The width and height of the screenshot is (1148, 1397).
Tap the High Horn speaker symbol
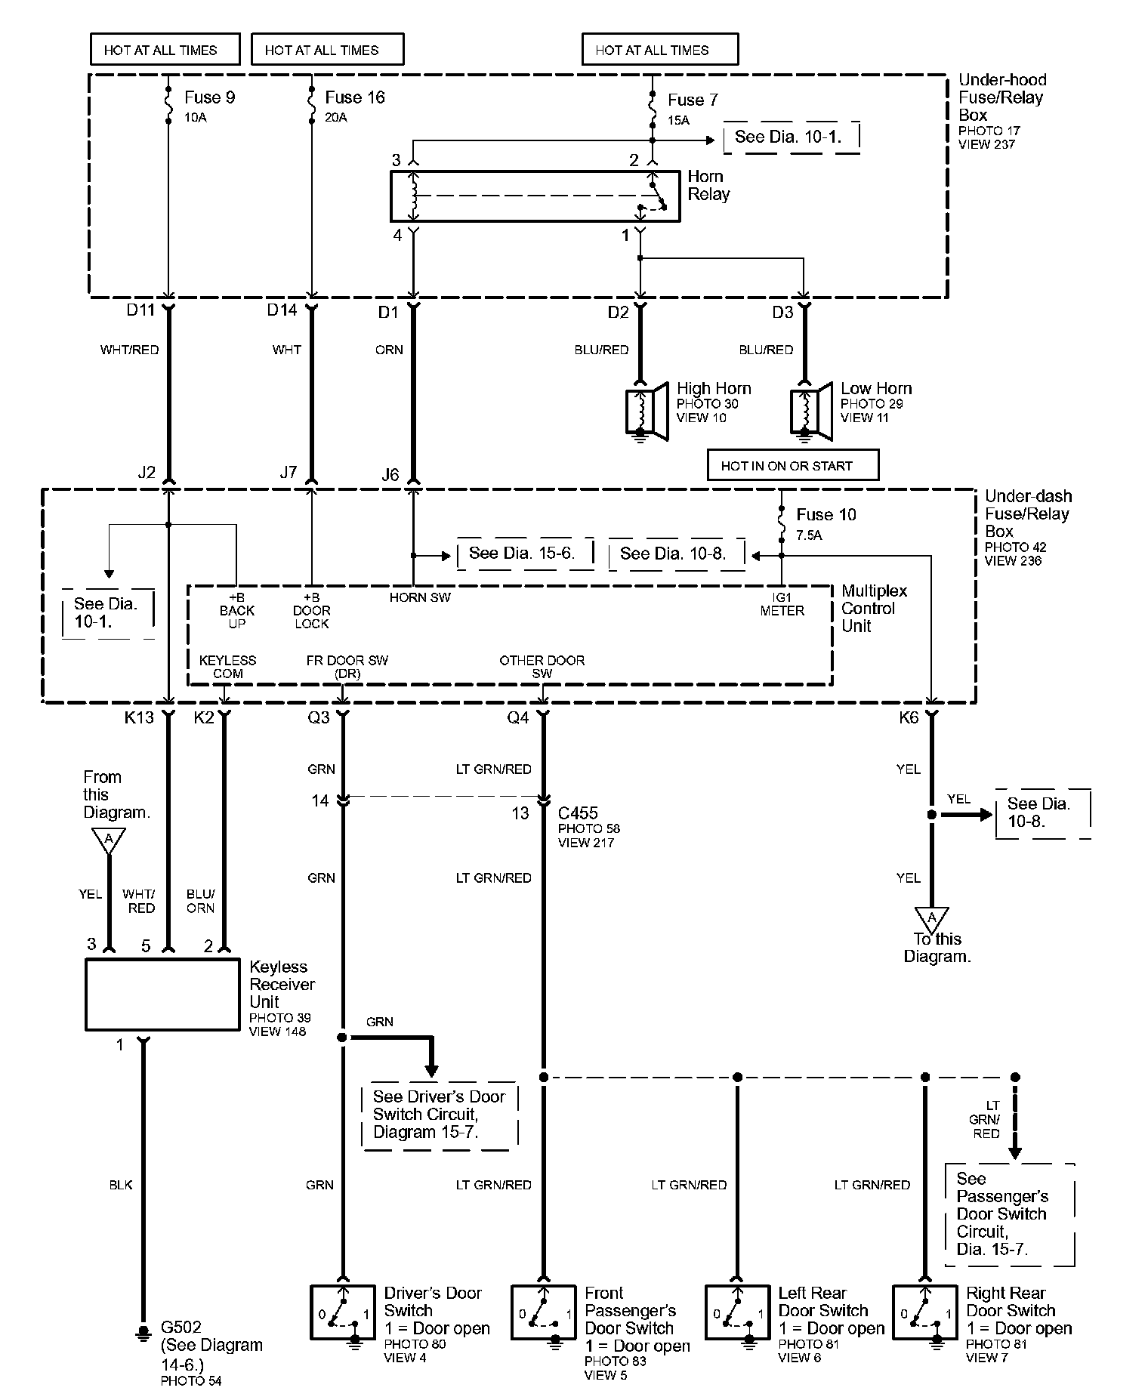[x=648, y=412]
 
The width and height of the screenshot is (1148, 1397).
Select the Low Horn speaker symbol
[x=812, y=412]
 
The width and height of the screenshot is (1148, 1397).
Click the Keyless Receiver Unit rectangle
[x=162, y=995]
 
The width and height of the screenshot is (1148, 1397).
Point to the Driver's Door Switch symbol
[x=342, y=1312]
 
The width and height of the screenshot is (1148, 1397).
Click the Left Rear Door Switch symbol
[x=737, y=1312]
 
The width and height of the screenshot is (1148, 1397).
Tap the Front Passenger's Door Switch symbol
[x=543, y=1312]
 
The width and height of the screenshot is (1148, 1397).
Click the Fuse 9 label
[x=210, y=97]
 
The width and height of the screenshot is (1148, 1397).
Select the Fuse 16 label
[x=355, y=97]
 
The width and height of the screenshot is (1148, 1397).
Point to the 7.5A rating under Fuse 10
[x=809, y=535]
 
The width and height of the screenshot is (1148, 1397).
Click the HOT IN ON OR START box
[x=793, y=465]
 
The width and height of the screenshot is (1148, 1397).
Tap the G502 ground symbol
[x=142, y=1334]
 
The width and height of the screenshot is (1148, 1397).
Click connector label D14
[x=282, y=310]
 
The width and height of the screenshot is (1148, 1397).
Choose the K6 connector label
[x=909, y=717]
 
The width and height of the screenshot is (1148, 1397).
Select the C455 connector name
[x=578, y=813]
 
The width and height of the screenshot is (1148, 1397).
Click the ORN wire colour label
[x=389, y=350]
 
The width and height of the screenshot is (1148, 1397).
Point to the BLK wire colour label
[x=121, y=1185]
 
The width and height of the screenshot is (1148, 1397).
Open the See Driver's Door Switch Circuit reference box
[x=440, y=1115]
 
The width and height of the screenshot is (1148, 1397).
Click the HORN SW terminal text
[x=420, y=597]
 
